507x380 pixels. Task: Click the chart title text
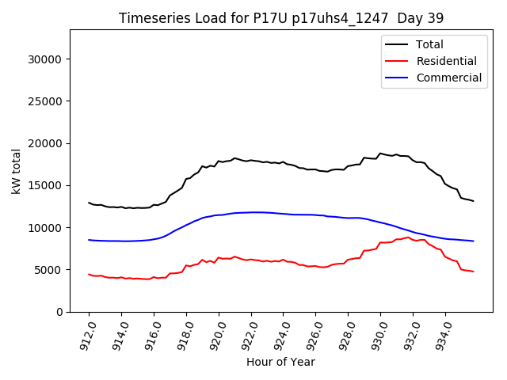(x=281, y=18)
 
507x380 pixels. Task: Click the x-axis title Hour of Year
(x=280, y=363)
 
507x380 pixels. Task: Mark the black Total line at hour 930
(x=380, y=154)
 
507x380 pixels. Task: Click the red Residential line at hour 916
(x=154, y=277)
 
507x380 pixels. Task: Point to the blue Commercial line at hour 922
(x=251, y=212)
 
